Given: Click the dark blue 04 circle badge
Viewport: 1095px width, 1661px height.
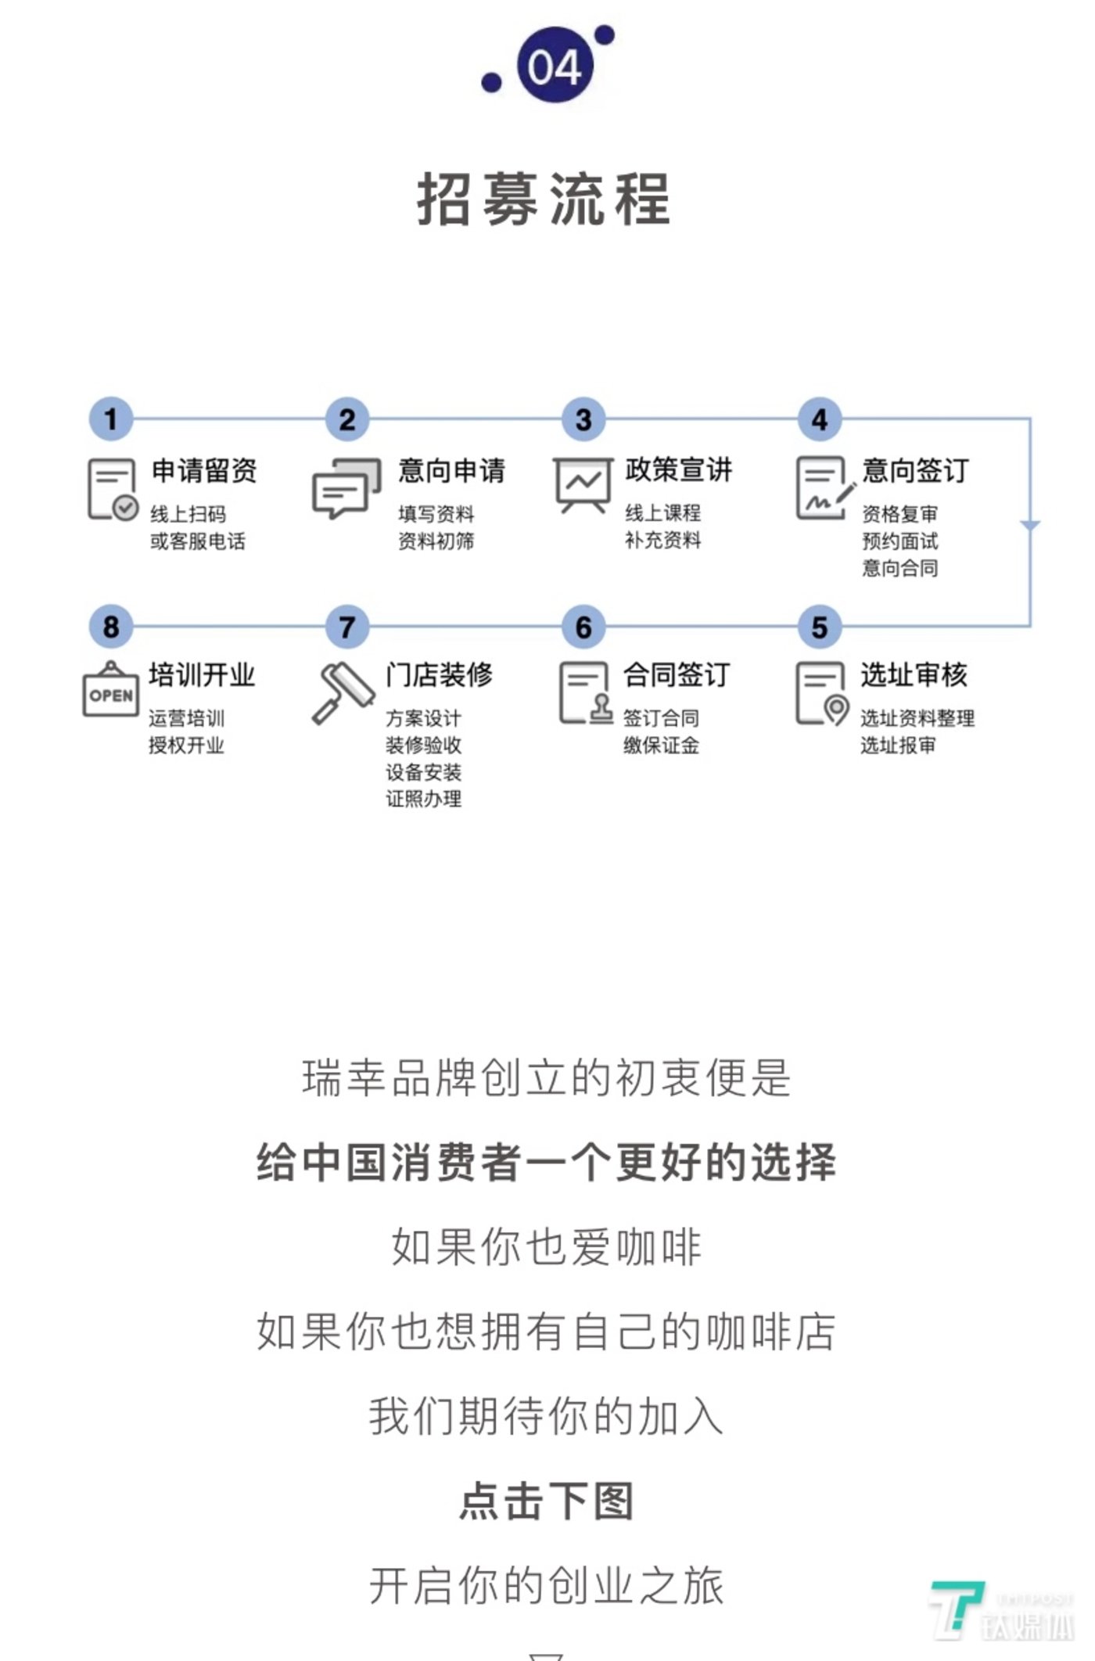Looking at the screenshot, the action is click(x=555, y=65).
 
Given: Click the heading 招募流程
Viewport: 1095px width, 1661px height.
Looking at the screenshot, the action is click(x=544, y=200).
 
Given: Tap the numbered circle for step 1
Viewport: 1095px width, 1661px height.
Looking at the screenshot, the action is click(x=111, y=419).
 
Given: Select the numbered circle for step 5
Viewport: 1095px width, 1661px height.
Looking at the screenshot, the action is click(x=819, y=627).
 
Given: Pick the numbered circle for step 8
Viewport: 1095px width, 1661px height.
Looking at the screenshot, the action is click(x=111, y=627).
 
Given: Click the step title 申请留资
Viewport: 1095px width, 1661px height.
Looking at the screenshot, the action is click(x=204, y=471).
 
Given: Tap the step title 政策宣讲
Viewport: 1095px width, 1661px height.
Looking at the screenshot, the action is click(x=678, y=470).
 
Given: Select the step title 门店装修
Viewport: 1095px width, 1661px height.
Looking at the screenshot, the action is click(x=439, y=674).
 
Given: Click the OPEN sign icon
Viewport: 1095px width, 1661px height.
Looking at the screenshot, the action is click(x=110, y=689).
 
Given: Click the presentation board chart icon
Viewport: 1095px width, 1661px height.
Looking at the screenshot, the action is click(x=583, y=485).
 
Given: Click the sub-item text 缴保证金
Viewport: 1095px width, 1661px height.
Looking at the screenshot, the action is click(x=661, y=746).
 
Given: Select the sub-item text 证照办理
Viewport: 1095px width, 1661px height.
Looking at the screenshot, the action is click(x=423, y=799).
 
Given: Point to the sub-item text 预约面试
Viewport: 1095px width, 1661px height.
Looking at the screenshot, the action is click(x=899, y=541).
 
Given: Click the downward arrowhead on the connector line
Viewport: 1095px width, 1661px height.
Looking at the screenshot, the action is click(x=1030, y=526).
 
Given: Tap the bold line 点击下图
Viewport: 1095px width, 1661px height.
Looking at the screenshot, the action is click(x=546, y=1501).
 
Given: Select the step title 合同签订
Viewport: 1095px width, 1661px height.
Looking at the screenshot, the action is click(x=677, y=674).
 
